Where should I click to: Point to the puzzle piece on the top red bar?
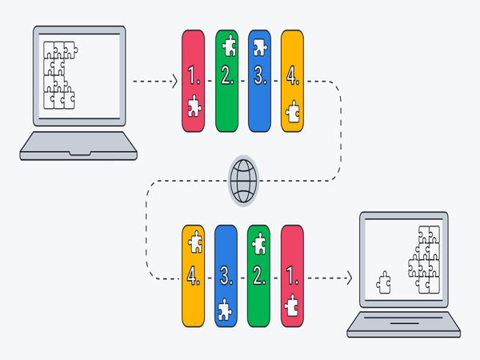click(193, 108)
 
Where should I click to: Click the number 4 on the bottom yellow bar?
click(193, 276)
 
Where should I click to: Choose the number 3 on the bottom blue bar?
click(226, 276)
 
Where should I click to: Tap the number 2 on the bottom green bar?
click(259, 276)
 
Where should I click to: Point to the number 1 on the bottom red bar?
click(292, 276)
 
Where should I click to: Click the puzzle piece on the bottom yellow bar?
click(194, 242)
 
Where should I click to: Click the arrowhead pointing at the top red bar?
click(174, 81)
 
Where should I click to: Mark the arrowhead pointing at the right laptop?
click(349, 278)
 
